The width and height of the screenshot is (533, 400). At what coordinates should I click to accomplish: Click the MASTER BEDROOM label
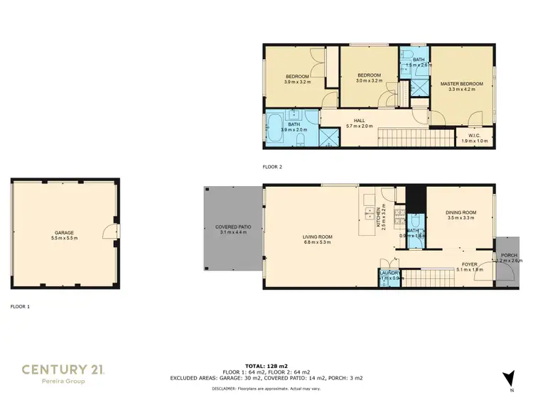pyautogui.click(x=466, y=84)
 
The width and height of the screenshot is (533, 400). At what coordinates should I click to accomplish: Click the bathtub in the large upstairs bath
pyautogui.click(x=275, y=131)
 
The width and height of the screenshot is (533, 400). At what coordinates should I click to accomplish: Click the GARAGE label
pyautogui.click(x=65, y=232)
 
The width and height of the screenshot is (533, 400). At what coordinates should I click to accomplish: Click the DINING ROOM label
pyautogui.click(x=461, y=212)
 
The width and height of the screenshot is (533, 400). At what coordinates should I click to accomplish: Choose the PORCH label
pyautogui.click(x=509, y=255)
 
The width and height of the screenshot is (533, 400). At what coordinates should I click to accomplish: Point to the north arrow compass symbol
pyautogui.click(x=507, y=377)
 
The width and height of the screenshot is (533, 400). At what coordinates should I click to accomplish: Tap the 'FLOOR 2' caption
pyautogui.click(x=272, y=168)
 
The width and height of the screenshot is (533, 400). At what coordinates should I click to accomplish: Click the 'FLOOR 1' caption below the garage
pyautogui.click(x=20, y=306)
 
